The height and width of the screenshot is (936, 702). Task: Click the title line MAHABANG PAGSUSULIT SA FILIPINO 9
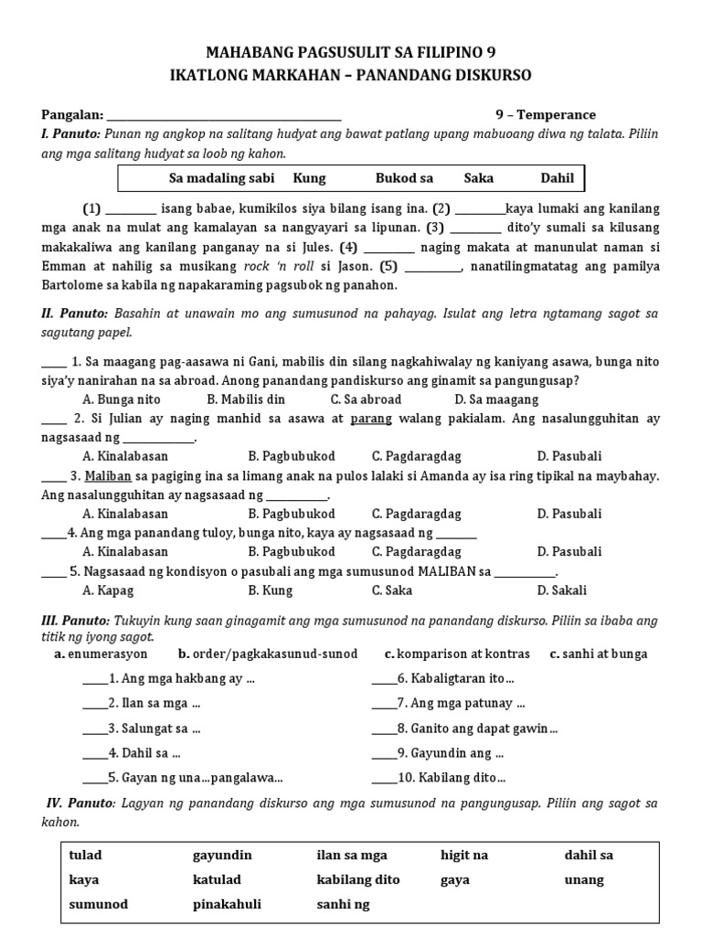351,52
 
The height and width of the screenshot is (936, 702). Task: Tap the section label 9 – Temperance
545,115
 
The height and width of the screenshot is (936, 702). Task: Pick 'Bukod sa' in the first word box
404,178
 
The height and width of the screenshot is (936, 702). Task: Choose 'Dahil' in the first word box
557,178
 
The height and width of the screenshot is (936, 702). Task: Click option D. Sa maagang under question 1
496,399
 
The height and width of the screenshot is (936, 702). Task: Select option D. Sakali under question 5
562,590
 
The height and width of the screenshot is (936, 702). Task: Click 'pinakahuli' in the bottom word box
227,905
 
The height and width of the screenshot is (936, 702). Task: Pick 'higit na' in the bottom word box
463,856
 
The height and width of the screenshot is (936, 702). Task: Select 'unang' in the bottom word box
584,880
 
